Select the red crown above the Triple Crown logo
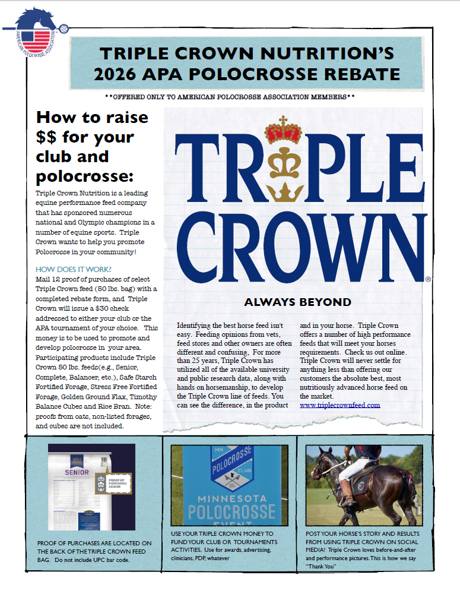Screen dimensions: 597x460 pyautogui.click(x=283, y=131)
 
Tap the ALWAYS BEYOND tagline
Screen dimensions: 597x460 pyautogui.click(x=297, y=302)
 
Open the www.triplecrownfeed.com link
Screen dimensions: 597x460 pyautogui.click(x=340, y=405)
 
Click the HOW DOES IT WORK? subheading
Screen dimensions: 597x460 pyautogui.click(x=74, y=269)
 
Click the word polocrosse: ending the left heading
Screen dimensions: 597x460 pyautogui.click(x=85, y=176)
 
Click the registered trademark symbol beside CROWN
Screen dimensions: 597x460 pyautogui.click(x=428, y=278)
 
